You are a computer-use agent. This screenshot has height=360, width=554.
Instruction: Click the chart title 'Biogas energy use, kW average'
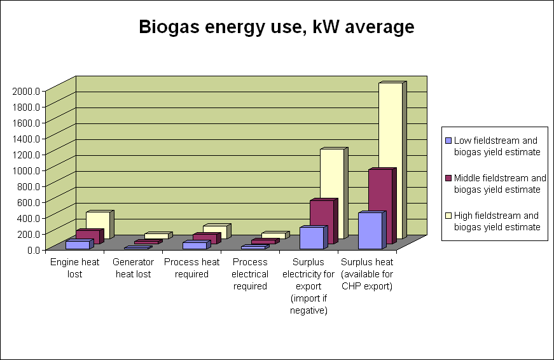coord(277,27)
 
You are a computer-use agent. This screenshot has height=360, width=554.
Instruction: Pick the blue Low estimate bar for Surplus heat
coord(370,230)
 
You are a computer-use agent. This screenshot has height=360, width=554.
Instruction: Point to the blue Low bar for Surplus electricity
coord(311,237)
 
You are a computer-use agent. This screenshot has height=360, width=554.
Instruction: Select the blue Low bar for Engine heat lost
coord(77,245)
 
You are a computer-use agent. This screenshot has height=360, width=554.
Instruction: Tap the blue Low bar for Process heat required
coord(194,246)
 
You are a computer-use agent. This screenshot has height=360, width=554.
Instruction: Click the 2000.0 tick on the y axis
coord(26,90)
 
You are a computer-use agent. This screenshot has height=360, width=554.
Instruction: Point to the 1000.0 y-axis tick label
coord(26,170)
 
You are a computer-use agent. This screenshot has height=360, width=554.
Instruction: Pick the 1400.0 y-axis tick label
coord(26,138)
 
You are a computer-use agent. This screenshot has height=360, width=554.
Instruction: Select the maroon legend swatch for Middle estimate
coord(449,178)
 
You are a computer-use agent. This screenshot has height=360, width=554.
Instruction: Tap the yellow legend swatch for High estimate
coord(449,216)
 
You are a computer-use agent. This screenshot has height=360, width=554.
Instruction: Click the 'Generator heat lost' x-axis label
coord(133,268)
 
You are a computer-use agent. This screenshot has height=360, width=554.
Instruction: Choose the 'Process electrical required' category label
coord(250,274)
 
